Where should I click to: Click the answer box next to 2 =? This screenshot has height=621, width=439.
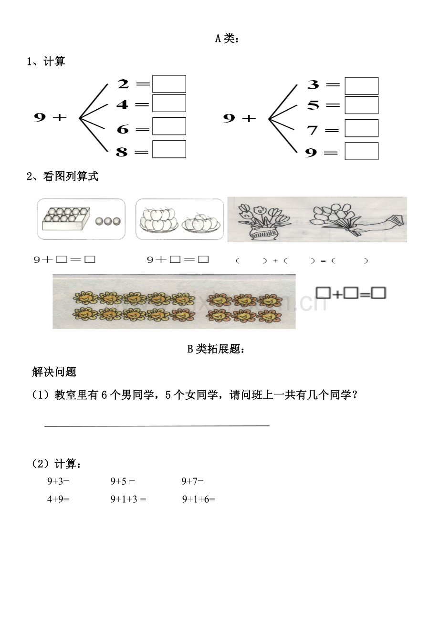pos(169,84)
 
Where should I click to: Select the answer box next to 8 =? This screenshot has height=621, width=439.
pos(169,149)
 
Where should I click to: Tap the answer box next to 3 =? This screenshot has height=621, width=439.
pos(361,86)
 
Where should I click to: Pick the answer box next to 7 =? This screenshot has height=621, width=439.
pos(361,128)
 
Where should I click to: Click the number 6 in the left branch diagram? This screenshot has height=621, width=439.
pos(123,129)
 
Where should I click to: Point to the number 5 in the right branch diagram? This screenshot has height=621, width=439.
pos(313,105)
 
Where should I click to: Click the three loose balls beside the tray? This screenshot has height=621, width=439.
pos(108,221)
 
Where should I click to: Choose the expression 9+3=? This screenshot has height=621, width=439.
pos(58,482)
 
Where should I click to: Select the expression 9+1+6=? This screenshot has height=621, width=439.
pos(199,499)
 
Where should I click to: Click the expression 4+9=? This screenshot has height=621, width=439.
pos(58,499)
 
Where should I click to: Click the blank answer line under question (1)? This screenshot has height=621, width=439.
pos(157,424)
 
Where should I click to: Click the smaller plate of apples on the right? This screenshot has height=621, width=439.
pos(201,222)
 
